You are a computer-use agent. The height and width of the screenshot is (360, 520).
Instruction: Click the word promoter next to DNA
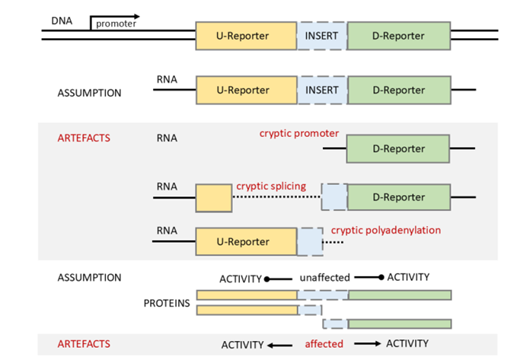tap(116, 24)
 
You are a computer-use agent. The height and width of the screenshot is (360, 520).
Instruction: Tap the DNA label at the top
tap(62, 21)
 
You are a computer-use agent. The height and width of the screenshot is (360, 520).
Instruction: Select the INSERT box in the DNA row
tap(322, 36)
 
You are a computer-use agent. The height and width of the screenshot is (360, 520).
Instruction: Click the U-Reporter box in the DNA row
tap(246, 36)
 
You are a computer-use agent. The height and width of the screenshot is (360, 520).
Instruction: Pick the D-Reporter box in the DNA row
tap(399, 36)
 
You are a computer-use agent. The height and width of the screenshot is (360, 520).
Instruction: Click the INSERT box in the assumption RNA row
tap(322, 90)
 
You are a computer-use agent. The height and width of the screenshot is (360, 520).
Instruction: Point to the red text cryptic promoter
tap(299, 133)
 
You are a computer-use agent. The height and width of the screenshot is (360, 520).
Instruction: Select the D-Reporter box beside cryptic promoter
tap(398, 148)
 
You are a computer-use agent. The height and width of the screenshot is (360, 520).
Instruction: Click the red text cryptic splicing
tap(271, 186)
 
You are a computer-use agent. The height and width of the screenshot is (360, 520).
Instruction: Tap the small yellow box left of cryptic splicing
tap(214, 198)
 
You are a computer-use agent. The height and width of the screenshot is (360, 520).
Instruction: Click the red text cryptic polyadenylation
tap(386, 230)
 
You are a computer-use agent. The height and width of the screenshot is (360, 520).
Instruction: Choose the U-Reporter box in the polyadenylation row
tap(247, 241)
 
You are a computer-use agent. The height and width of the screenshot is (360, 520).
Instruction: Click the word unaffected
tap(324, 278)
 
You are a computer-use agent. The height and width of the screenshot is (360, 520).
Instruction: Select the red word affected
tap(324, 344)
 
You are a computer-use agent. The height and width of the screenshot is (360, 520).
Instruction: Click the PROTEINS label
tap(167, 303)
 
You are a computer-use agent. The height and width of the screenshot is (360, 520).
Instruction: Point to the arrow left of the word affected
tap(280, 346)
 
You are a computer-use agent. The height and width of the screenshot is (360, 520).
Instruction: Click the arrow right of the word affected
tap(368, 344)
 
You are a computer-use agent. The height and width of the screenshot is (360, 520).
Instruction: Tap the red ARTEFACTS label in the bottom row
tap(84, 344)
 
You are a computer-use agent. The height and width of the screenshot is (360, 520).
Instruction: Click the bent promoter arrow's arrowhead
tap(136, 16)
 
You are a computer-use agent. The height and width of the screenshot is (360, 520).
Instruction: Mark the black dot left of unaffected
tap(266, 279)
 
